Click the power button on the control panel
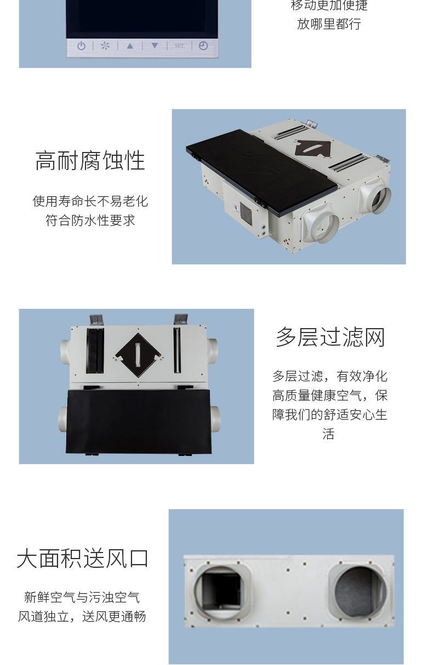click(x=81, y=46)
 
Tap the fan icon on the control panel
click(x=105, y=46)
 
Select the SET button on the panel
click(x=179, y=46)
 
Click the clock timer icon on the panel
click(x=203, y=46)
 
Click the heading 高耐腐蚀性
click(x=90, y=161)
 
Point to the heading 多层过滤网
click(x=331, y=337)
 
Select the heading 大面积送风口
click(x=82, y=559)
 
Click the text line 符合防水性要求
click(x=90, y=220)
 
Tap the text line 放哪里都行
click(x=329, y=24)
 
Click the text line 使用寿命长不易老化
click(x=90, y=201)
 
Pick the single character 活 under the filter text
click(x=329, y=434)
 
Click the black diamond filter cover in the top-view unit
click(x=138, y=355)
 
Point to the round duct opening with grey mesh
click(x=360, y=591)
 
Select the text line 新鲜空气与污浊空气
click(x=82, y=597)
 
